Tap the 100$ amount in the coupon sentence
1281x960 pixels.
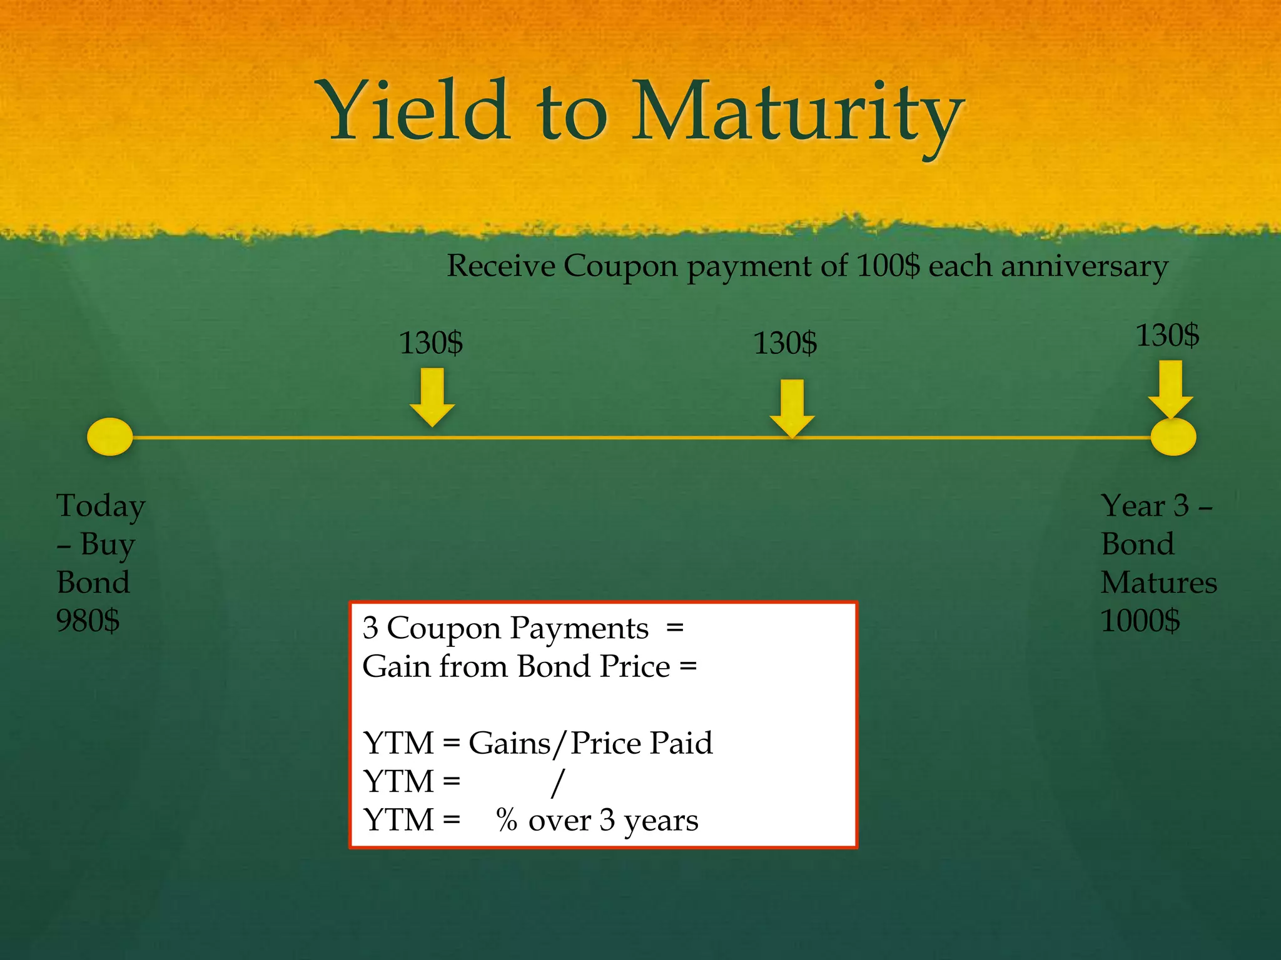888,266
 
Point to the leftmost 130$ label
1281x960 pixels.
431,343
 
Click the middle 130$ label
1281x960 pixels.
785,343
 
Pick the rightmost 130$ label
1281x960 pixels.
1167,335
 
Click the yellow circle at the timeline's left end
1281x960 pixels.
110,436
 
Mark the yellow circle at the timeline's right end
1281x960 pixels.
1173,437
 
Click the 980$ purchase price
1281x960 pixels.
88,621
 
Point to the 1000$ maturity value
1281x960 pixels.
1140,621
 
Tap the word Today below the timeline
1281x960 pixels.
101,506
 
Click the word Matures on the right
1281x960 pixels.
1158,582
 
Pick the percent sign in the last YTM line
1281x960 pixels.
507,820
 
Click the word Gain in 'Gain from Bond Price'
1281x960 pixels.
396,666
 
